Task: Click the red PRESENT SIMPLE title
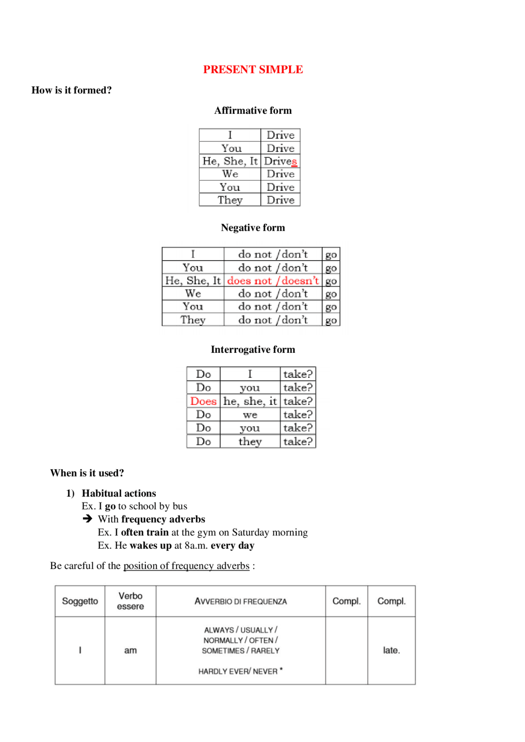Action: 253,70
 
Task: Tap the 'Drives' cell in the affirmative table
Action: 281,161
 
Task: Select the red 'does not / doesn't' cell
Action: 273,281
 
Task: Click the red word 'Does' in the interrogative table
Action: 203,401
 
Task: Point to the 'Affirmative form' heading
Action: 253,111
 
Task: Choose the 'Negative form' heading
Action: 253,228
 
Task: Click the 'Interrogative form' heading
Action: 253,349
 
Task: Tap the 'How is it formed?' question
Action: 71,90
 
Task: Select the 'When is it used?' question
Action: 87,473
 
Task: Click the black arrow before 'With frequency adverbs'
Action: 87,519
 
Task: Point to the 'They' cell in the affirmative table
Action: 230,200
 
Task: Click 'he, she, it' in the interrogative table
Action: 250,401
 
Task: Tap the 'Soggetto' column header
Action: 80,601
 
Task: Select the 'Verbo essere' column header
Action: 130,601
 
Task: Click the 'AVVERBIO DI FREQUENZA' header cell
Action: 240,601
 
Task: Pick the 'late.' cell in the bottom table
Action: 391,650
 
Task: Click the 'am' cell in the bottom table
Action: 130,650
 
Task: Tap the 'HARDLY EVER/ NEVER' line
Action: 238,671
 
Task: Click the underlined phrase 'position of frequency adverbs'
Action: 186,566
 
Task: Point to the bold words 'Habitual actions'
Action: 119,493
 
